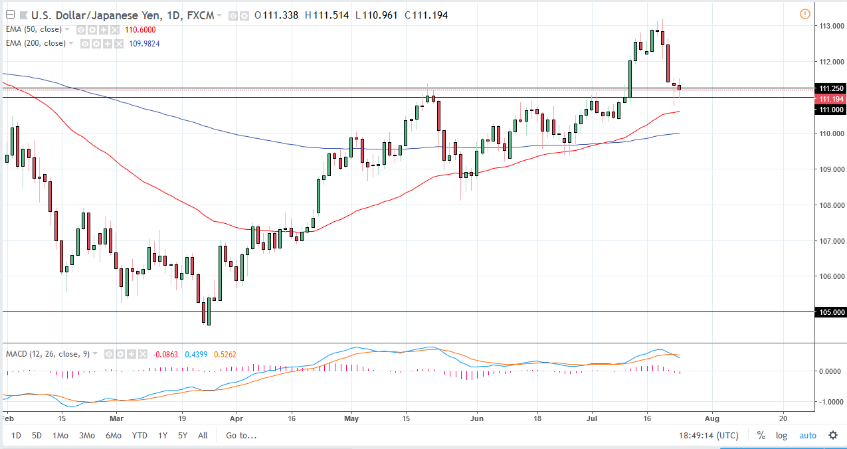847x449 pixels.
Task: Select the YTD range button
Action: (140, 436)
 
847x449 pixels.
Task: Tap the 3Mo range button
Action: (86, 436)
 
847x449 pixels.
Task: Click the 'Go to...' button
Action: (241, 436)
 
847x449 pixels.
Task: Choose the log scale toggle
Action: (781, 436)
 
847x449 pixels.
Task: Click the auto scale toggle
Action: (807, 436)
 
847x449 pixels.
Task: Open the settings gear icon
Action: (832, 436)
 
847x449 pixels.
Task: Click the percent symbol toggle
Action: (761, 436)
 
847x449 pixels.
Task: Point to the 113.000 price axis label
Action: (831, 26)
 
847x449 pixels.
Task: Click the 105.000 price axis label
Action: (831, 312)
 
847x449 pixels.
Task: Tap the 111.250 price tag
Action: (831, 88)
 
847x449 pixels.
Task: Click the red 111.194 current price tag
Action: (831, 98)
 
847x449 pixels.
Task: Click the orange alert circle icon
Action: (805, 14)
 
